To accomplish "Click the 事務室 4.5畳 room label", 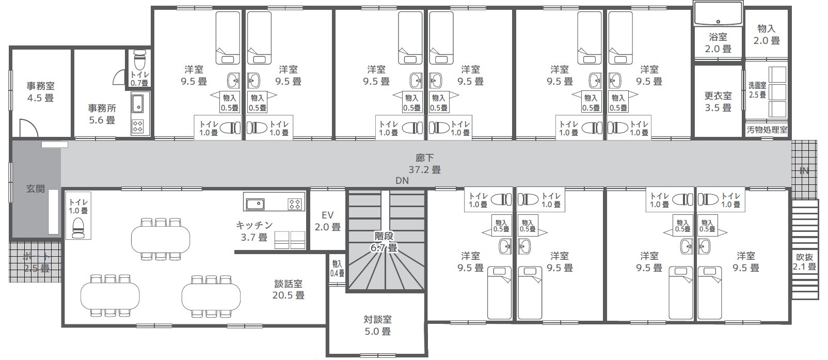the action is pyautogui.click(x=40, y=92).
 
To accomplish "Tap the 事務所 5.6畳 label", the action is pyautogui.click(x=102, y=114).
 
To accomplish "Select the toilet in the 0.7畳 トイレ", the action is pyautogui.click(x=140, y=60).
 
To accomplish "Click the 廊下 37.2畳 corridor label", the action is pyautogui.click(x=424, y=164).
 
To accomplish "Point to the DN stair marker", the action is pyautogui.click(x=402, y=181).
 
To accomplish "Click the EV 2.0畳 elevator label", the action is pyautogui.click(x=327, y=221).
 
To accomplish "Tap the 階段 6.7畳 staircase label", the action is pyautogui.click(x=384, y=242).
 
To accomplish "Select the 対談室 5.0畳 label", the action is pyautogui.click(x=377, y=325).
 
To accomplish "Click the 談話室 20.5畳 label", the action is pyautogui.click(x=289, y=289).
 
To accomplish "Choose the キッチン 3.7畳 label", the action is pyautogui.click(x=254, y=231).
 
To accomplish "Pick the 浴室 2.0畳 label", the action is pyautogui.click(x=718, y=43).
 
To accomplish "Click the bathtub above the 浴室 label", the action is pyautogui.click(x=718, y=13).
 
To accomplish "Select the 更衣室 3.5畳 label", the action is pyautogui.click(x=718, y=102).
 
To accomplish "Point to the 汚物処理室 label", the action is pyautogui.click(x=767, y=130).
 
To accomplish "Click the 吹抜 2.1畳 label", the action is pyautogui.click(x=804, y=261).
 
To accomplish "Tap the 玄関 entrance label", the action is pyautogui.click(x=36, y=189).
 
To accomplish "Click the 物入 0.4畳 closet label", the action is pyautogui.click(x=337, y=269).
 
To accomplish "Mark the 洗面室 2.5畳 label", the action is pyautogui.click(x=757, y=90).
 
